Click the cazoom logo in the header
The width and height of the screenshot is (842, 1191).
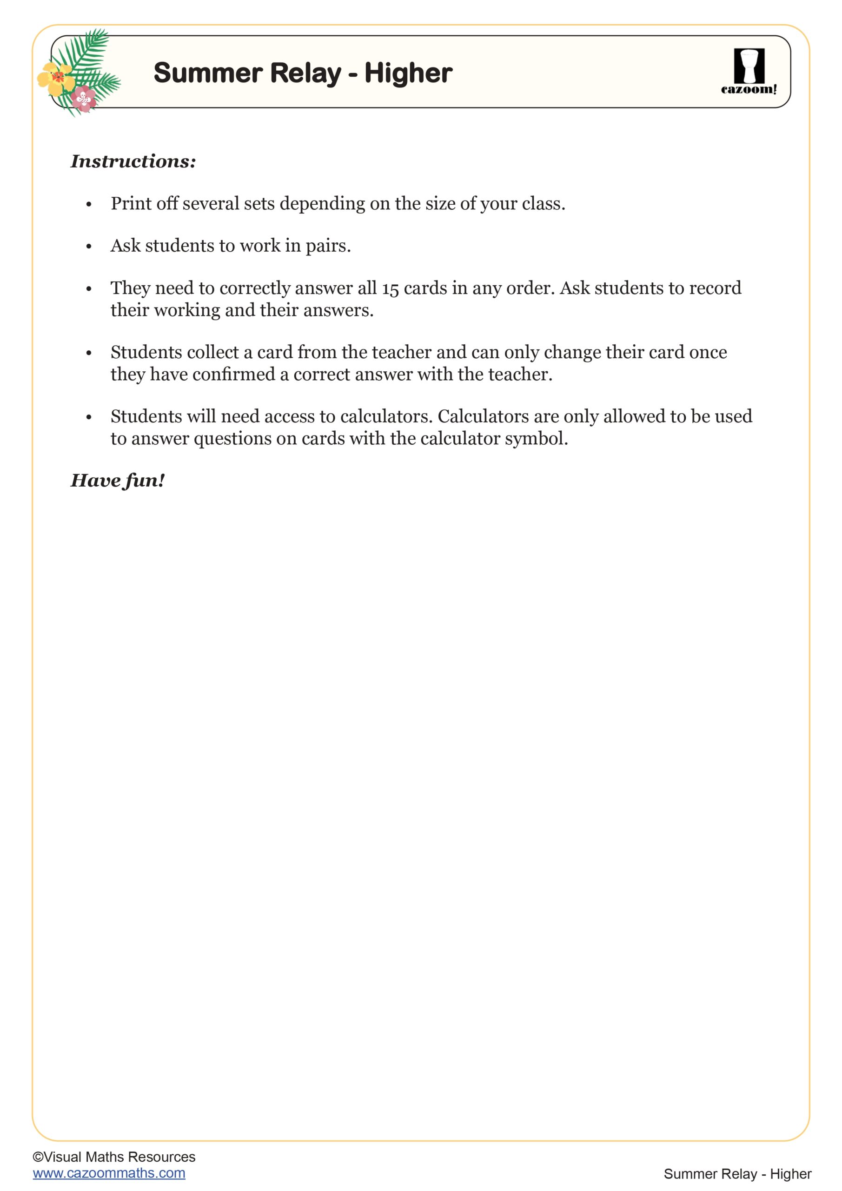tap(749, 72)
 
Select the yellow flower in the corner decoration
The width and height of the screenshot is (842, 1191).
tap(56, 78)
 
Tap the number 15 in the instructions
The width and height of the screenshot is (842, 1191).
tap(390, 288)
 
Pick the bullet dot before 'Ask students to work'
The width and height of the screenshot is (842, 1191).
tap(89, 247)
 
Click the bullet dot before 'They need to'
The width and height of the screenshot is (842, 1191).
tap(89, 289)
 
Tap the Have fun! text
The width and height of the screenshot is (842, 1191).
tap(118, 480)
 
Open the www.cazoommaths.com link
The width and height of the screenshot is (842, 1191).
tap(109, 1173)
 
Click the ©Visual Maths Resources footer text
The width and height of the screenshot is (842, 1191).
tap(114, 1157)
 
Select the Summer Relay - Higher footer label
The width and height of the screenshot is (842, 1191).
tap(737, 1174)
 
